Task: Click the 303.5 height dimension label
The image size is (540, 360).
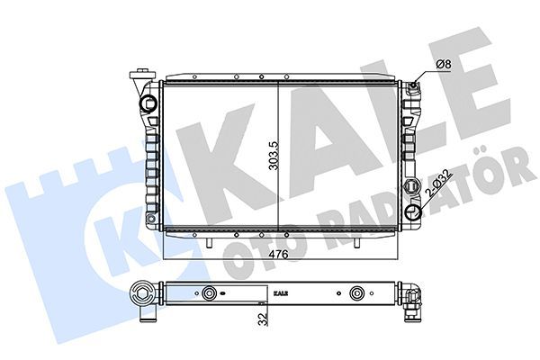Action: pos(274,156)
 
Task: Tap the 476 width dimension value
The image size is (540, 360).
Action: pos(278,255)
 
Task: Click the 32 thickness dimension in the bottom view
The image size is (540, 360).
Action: pos(264,319)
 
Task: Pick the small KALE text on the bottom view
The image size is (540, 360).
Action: pos(281,293)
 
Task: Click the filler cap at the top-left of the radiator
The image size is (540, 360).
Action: pos(141,75)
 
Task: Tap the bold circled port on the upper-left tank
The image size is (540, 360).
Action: pos(148,103)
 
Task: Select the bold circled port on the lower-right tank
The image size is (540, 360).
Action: pos(413,212)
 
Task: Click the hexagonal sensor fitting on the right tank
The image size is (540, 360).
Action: pos(412,184)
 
